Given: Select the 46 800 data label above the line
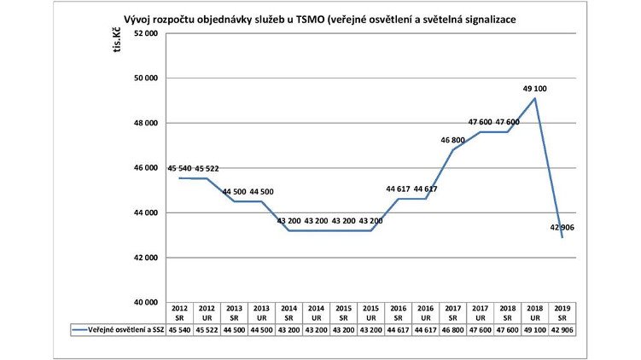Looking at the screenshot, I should click(x=454, y=139).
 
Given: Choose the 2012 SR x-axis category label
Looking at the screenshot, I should click(x=180, y=311).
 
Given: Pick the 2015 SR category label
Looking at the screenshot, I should click(x=342, y=311).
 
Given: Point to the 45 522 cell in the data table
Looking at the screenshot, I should click(x=207, y=328).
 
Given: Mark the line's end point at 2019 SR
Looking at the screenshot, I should click(x=562, y=237).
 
